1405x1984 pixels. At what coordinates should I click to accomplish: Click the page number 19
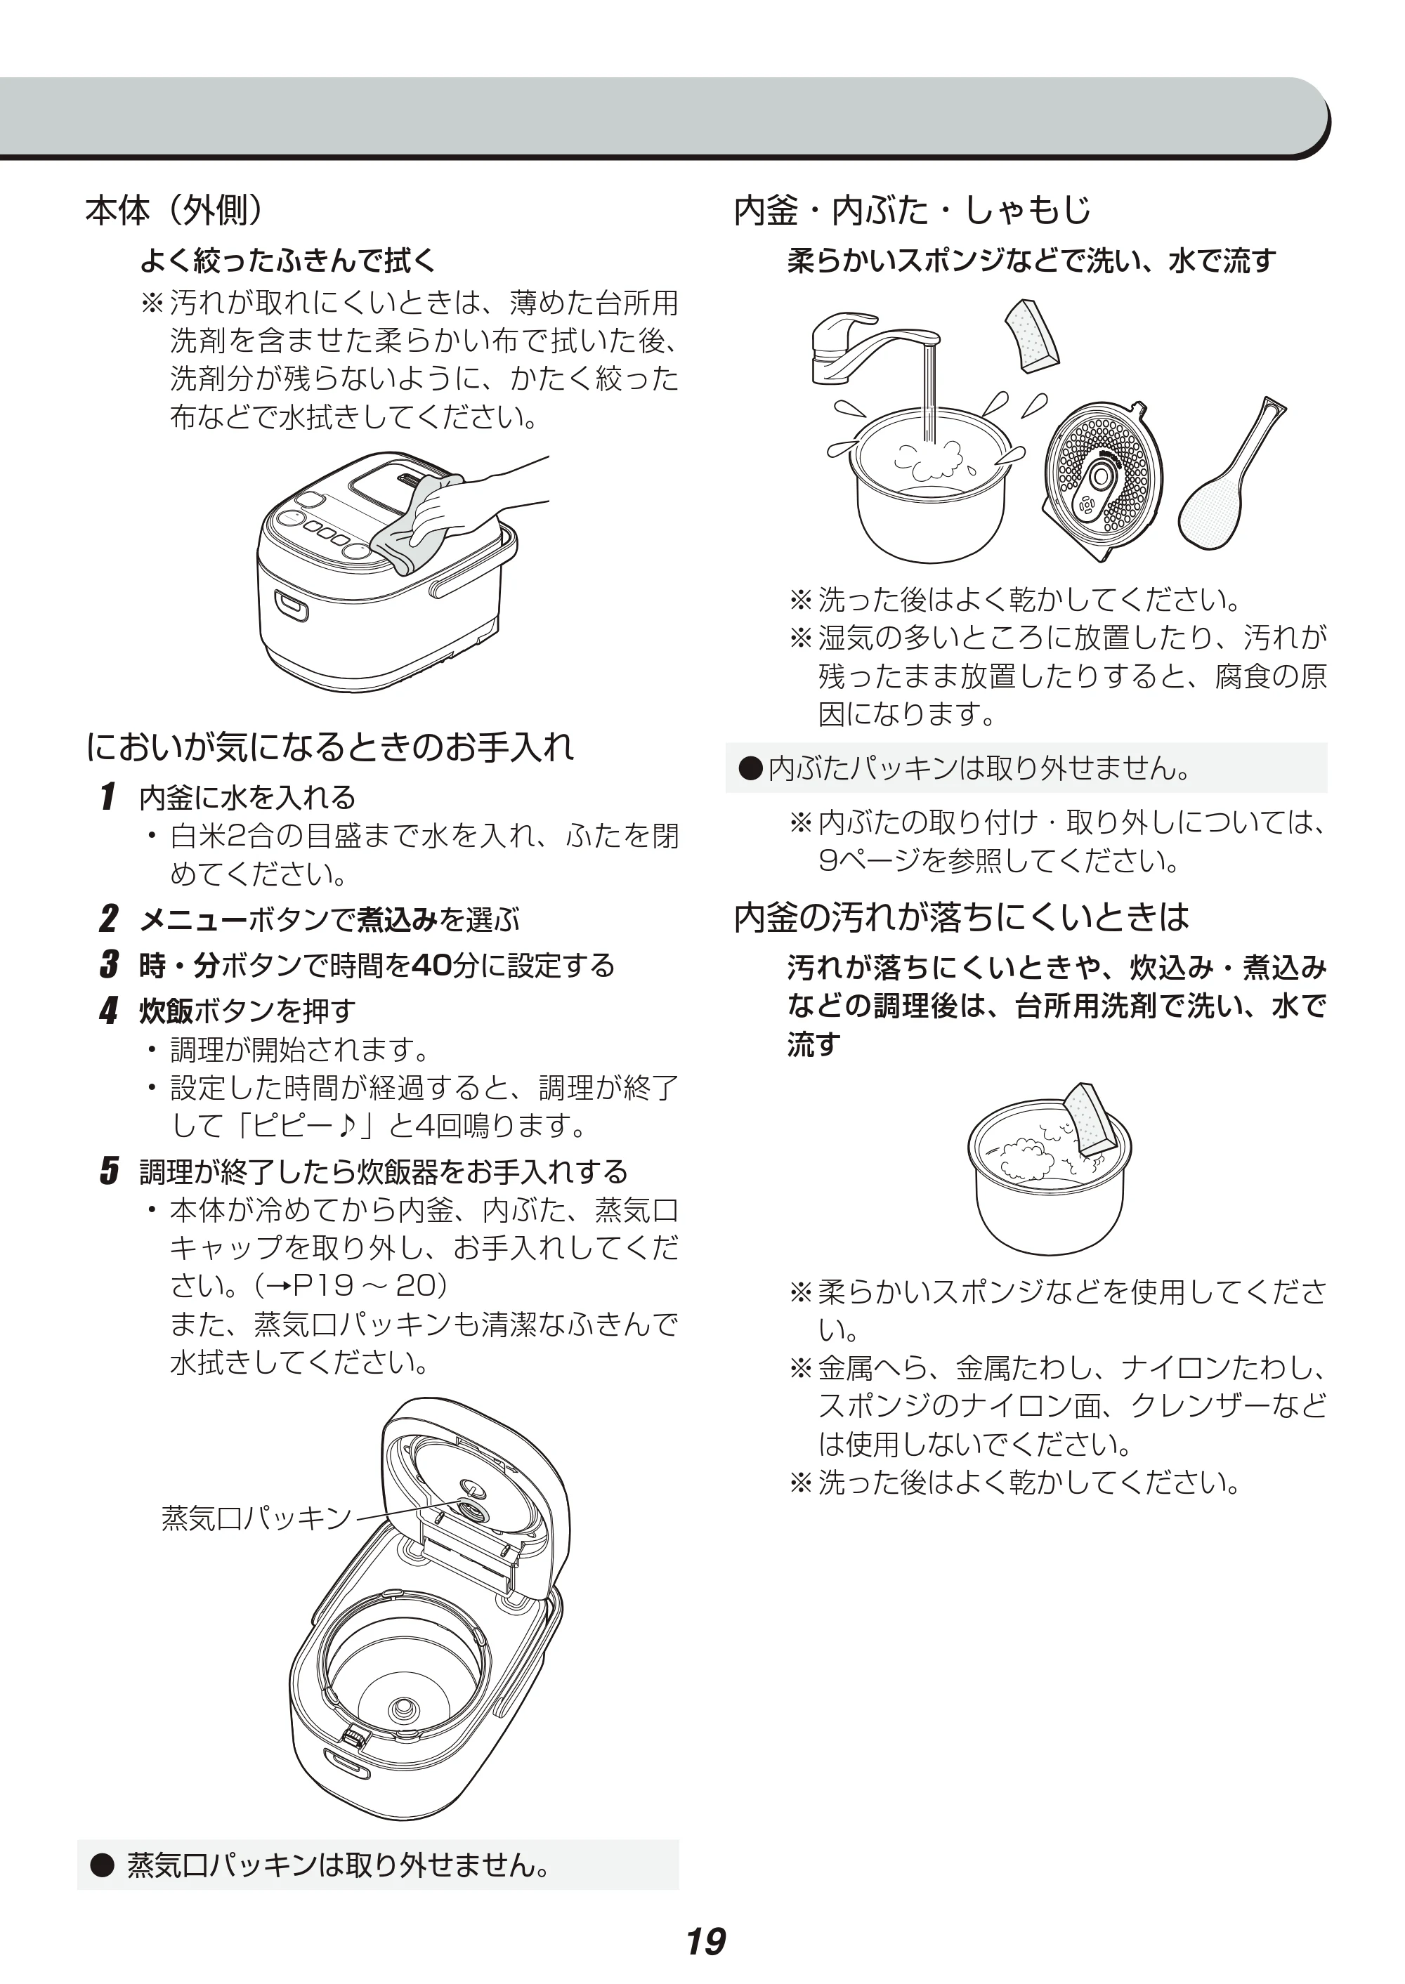tap(706, 1942)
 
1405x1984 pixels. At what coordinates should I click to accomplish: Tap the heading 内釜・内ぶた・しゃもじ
tap(912, 210)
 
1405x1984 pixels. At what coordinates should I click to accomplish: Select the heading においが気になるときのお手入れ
tap(329, 747)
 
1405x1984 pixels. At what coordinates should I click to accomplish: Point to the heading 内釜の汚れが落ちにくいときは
tap(961, 917)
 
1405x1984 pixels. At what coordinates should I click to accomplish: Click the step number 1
tap(108, 796)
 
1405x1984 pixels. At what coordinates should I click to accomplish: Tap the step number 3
tap(108, 964)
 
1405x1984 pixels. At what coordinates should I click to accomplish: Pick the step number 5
tap(108, 1171)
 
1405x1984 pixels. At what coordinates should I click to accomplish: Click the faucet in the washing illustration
tap(874, 348)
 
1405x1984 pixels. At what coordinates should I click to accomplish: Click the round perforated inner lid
tap(1102, 478)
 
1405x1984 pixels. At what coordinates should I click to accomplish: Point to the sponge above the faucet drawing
tap(1031, 336)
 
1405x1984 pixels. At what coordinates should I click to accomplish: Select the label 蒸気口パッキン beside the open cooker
tap(257, 1518)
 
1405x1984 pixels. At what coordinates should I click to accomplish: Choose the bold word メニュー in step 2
tap(194, 919)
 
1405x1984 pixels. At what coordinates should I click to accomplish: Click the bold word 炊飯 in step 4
tap(167, 1009)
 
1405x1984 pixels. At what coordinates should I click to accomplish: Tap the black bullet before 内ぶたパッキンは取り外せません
tap(751, 767)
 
